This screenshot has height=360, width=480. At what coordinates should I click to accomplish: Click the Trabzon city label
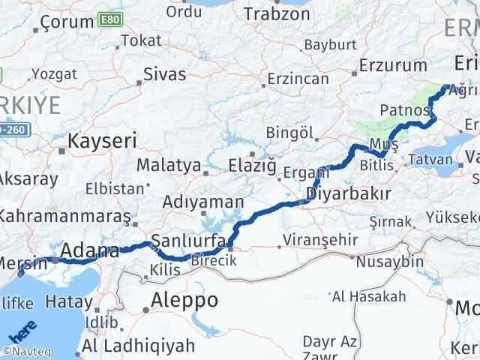(277, 14)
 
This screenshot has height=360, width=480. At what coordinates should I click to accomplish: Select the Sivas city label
(164, 74)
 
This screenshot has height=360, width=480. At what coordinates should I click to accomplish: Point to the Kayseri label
(101, 140)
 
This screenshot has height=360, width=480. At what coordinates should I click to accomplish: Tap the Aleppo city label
(184, 300)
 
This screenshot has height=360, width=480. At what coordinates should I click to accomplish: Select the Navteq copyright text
(23, 350)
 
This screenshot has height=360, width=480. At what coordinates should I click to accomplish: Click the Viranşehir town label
(313, 241)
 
